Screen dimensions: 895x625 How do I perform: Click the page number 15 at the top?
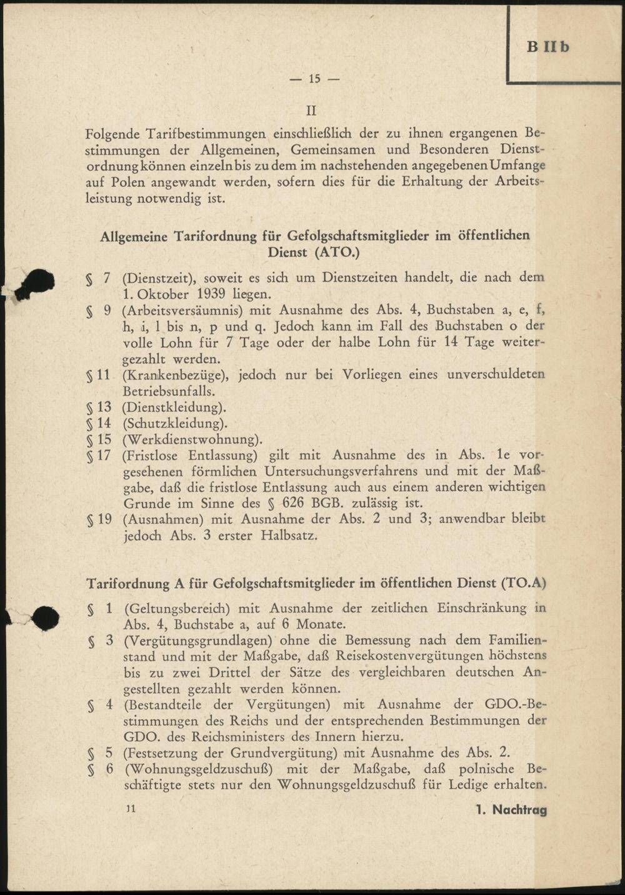(x=314, y=79)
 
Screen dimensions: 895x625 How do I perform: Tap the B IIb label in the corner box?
(x=548, y=47)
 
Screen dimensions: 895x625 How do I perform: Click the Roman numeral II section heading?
(x=311, y=111)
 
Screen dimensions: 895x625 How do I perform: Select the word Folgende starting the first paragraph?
(x=113, y=134)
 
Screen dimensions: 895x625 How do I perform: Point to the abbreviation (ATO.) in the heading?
(x=337, y=252)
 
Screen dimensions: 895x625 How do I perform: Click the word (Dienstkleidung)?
(x=174, y=407)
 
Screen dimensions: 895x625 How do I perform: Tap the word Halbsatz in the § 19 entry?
(x=293, y=536)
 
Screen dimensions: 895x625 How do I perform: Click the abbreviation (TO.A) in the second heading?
(x=523, y=584)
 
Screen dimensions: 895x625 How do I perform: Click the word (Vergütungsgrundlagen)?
(x=197, y=641)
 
